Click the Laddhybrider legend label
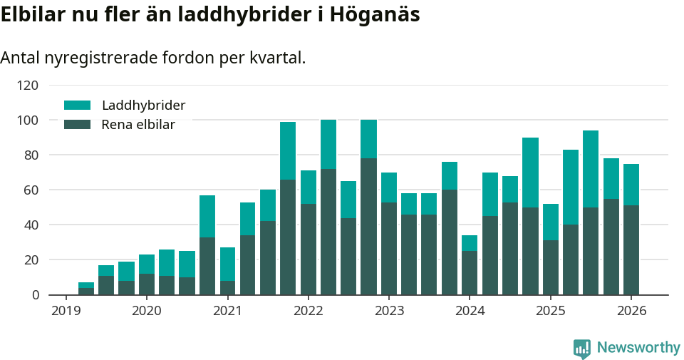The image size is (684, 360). click(x=143, y=106)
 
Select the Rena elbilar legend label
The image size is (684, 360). click(x=138, y=125)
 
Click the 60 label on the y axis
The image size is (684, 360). click(x=30, y=190)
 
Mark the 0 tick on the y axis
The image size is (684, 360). click(x=33, y=295)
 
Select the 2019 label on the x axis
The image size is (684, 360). click(x=66, y=311)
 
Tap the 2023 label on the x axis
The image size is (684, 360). click(x=388, y=311)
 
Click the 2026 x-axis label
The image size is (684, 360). click(x=631, y=311)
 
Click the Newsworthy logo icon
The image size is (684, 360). click(x=582, y=348)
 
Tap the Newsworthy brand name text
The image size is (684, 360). click(x=638, y=348)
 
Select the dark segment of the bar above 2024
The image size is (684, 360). click(x=470, y=272)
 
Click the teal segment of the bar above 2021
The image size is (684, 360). click(x=227, y=264)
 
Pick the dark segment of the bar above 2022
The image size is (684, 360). click(x=308, y=249)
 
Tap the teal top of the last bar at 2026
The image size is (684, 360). click(x=631, y=185)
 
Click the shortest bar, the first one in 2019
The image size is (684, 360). click(x=86, y=289)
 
